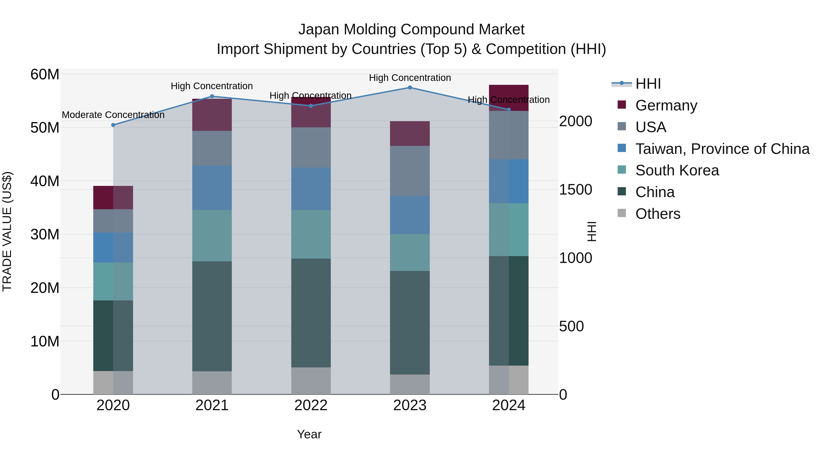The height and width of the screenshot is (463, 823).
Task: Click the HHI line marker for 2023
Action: tap(410, 88)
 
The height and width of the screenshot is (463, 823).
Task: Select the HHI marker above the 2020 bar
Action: tap(113, 125)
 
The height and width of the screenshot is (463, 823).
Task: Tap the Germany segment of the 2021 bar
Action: tap(212, 115)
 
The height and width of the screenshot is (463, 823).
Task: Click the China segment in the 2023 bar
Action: tap(410, 323)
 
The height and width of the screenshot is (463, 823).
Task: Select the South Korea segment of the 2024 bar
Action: tap(509, 230)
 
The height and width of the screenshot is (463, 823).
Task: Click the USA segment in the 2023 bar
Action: tap(410, 171)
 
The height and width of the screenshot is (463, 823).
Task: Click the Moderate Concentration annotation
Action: tap(113, 115)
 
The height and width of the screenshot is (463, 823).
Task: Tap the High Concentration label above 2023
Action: tap(410, 78)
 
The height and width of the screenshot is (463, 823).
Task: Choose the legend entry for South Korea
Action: tap(677, 170)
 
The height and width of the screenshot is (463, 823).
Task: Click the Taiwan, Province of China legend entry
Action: tap(722, 149)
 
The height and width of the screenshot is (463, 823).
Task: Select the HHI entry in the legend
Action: tap(648, 84)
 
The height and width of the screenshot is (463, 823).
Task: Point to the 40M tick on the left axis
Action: tap(45, 181)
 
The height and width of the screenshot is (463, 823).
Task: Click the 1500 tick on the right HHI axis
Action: tap(575, 190)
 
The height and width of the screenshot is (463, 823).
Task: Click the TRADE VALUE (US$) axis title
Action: tap(7, 231)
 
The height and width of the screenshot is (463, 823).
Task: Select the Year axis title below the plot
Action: tap(309, 434)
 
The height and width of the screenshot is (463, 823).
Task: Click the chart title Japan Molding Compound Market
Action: tap(411, 29)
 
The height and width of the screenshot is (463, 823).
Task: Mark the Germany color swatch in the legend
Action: tap(622, 105)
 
